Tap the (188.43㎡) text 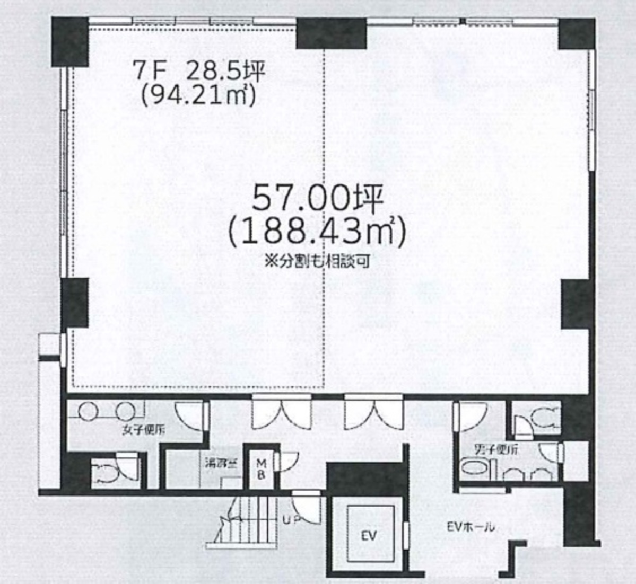pos(317,232)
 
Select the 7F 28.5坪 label pos(198,71)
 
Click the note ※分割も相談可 pos(317,261)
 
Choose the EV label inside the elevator pos(370,535)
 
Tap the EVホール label pos(471,527)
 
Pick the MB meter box pos(261,468)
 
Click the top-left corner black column pos(69,41)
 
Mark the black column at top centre pos(331,33)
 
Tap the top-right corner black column pos(577,33)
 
